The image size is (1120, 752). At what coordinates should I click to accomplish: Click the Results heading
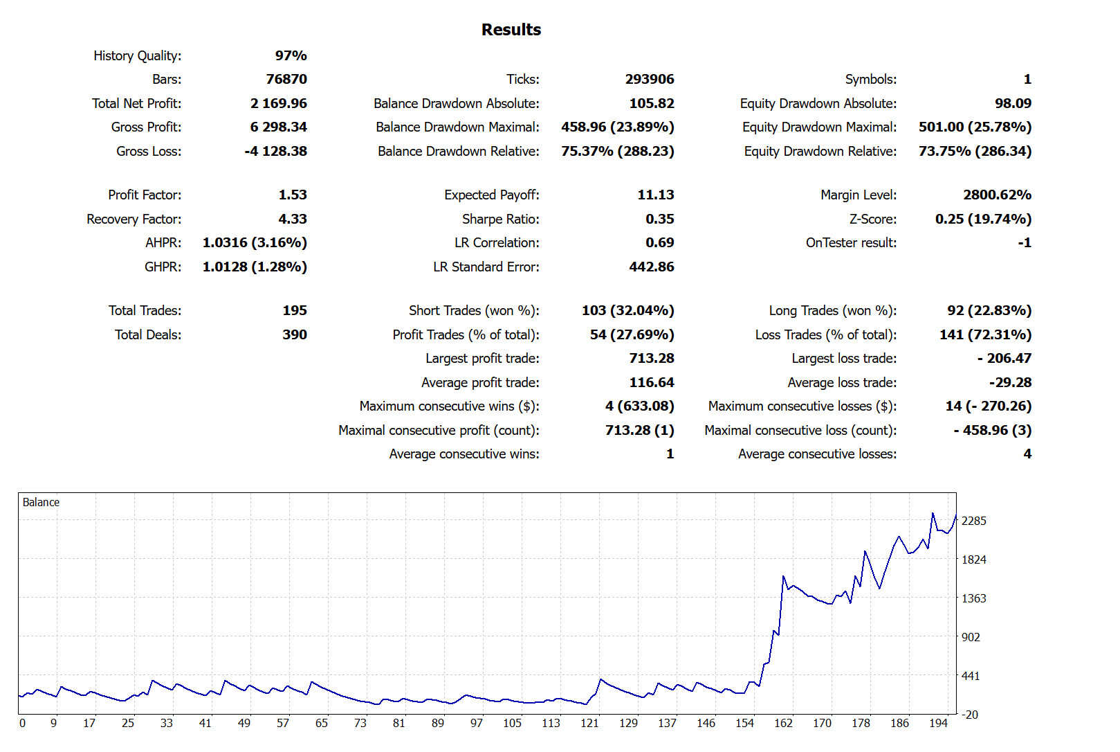tap(511, 30)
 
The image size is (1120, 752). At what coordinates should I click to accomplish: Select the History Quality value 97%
tap(291, 55)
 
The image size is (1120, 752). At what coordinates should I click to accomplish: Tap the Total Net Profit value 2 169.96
tap(278, 103)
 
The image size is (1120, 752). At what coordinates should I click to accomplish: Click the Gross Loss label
tap(149, 151)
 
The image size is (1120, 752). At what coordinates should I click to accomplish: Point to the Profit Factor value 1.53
tap(293, 195)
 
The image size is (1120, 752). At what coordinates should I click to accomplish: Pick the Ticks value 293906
tap(649, 79)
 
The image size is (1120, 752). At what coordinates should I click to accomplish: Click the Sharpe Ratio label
tap(500, 219)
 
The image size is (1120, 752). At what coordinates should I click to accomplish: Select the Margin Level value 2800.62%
tap(997, 195)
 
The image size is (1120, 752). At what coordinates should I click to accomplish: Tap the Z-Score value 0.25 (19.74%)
tap(983, 219)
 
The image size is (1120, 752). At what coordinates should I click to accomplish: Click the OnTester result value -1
tap(1024, 242)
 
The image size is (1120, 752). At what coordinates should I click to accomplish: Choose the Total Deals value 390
tap(294, 334)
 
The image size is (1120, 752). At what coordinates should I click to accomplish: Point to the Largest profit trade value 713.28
tap(651, 358)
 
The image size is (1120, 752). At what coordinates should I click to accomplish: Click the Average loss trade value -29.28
tap(1010, 382)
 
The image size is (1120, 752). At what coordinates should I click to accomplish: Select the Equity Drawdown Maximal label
tap(819, 127)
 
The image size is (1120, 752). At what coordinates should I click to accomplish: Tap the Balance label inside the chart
tap(41, 502)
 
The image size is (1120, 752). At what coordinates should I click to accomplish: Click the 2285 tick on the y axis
tap(973, 521)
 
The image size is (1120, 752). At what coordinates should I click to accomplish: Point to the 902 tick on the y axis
tap(971, 637)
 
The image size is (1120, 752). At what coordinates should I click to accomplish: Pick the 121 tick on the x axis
tap(589, 723)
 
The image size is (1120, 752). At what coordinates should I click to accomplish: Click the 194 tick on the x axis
tap(938, 723)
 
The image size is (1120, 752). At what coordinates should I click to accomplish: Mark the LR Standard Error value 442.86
tap(651, 267)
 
